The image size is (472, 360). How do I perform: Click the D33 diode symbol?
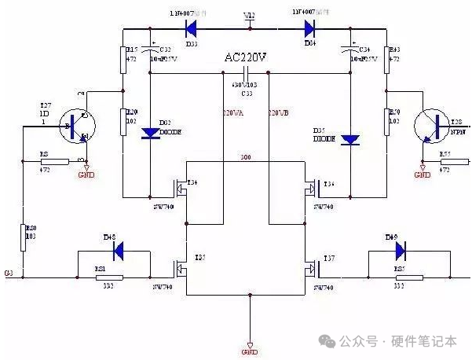tap(190, 29)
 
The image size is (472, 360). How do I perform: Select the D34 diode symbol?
tap(308, 29)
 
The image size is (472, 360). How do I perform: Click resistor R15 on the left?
tap(123, 60)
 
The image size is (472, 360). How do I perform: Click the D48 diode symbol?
tap(119, 251)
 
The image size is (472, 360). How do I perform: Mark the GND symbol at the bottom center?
tap(250, 343)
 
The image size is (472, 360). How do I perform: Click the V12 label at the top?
tap(249, 15)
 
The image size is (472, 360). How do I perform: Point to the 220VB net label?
tap(280, 114)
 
